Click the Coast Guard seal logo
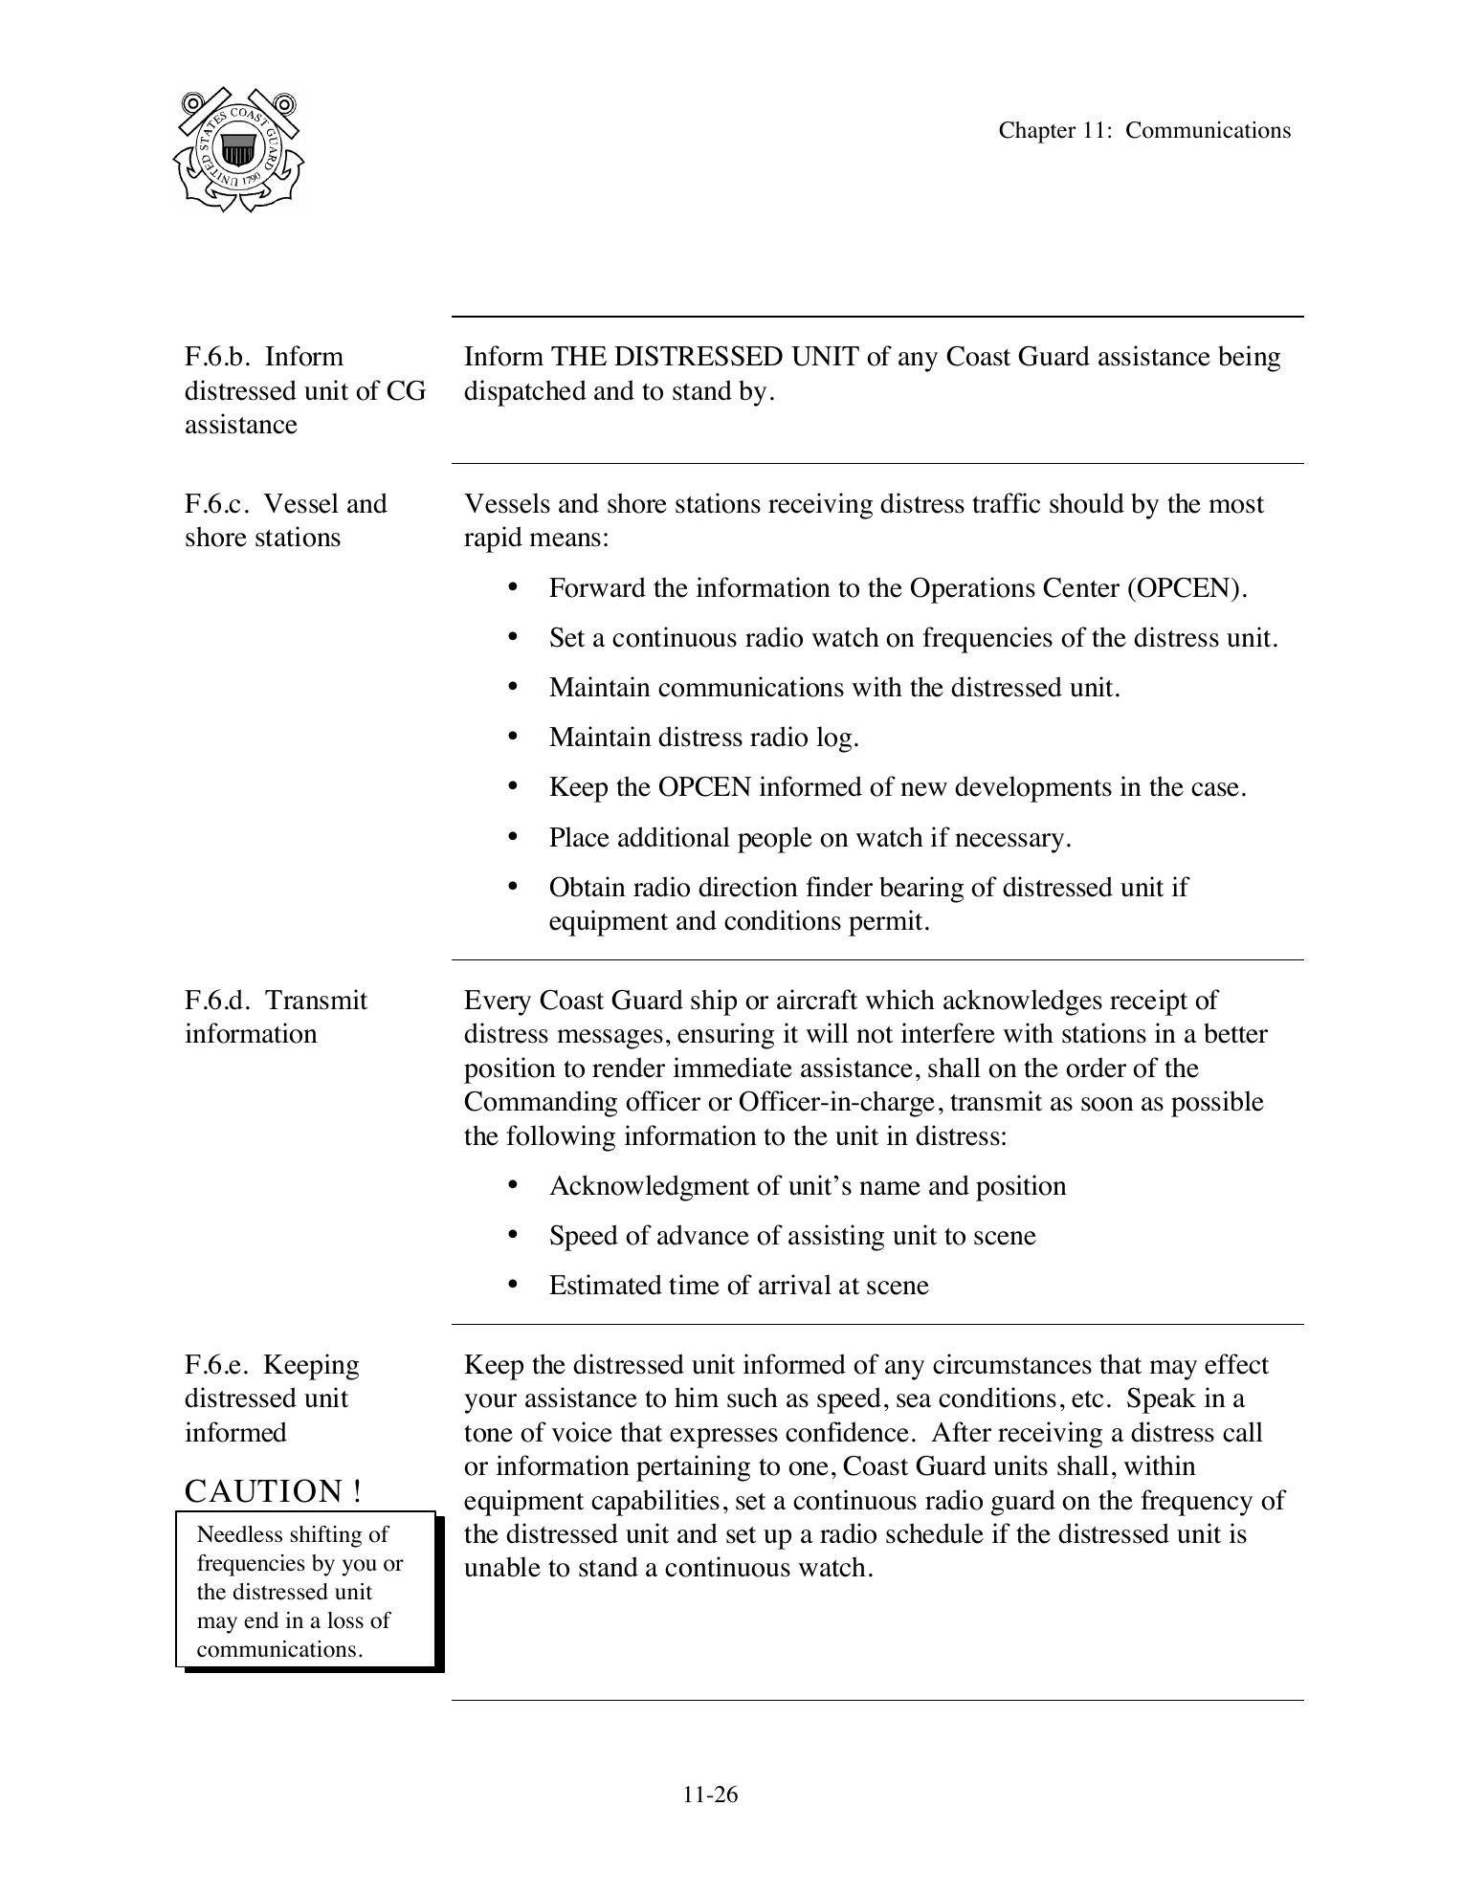click(238, 149)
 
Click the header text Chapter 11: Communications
click(1143, 131)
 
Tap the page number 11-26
click(710, 1795)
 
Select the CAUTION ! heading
click(273, 1491)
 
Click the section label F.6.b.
click(217, 357)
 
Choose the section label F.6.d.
click(217, 1001)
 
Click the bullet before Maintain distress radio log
click(513, 737)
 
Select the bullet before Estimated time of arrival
click(513, 1285)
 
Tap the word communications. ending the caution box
click(279, 1649)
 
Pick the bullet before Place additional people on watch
click(513, 837)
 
